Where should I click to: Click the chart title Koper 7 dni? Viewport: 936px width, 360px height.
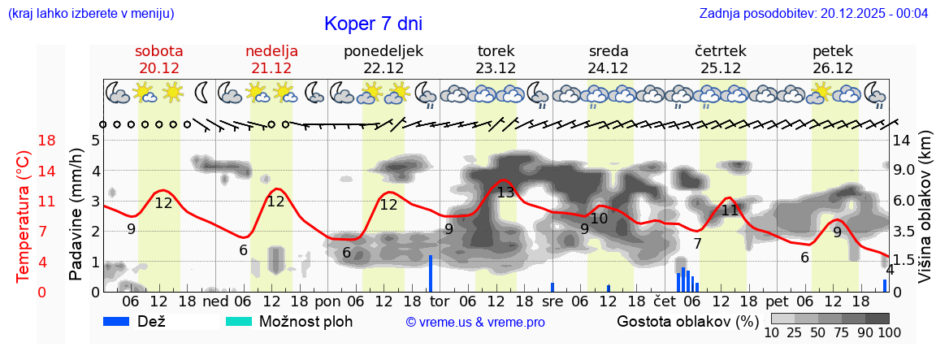[373, 24]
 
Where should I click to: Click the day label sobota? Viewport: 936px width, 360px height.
[158, 51]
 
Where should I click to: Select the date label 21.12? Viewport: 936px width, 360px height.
[271, 68]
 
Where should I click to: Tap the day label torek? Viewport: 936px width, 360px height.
[496, 51]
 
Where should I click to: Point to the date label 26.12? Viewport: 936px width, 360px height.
[832, 68]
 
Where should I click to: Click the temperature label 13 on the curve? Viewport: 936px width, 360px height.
[505, 193]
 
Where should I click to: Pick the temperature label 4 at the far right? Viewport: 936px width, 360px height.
[890, 270]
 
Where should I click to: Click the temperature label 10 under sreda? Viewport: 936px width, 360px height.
[599, 219]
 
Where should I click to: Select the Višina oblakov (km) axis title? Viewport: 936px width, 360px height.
[925, 209]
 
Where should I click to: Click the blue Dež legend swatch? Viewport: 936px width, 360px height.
[122, 321]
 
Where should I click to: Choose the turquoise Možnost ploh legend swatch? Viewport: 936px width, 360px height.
[239, 321]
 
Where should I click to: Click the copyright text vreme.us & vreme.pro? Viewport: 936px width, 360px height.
[474, 323]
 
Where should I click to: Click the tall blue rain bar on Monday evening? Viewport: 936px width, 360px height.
[430, 273]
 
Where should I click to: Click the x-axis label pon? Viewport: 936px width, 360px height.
[327, 301]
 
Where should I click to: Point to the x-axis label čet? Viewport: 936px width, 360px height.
[665, 301]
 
